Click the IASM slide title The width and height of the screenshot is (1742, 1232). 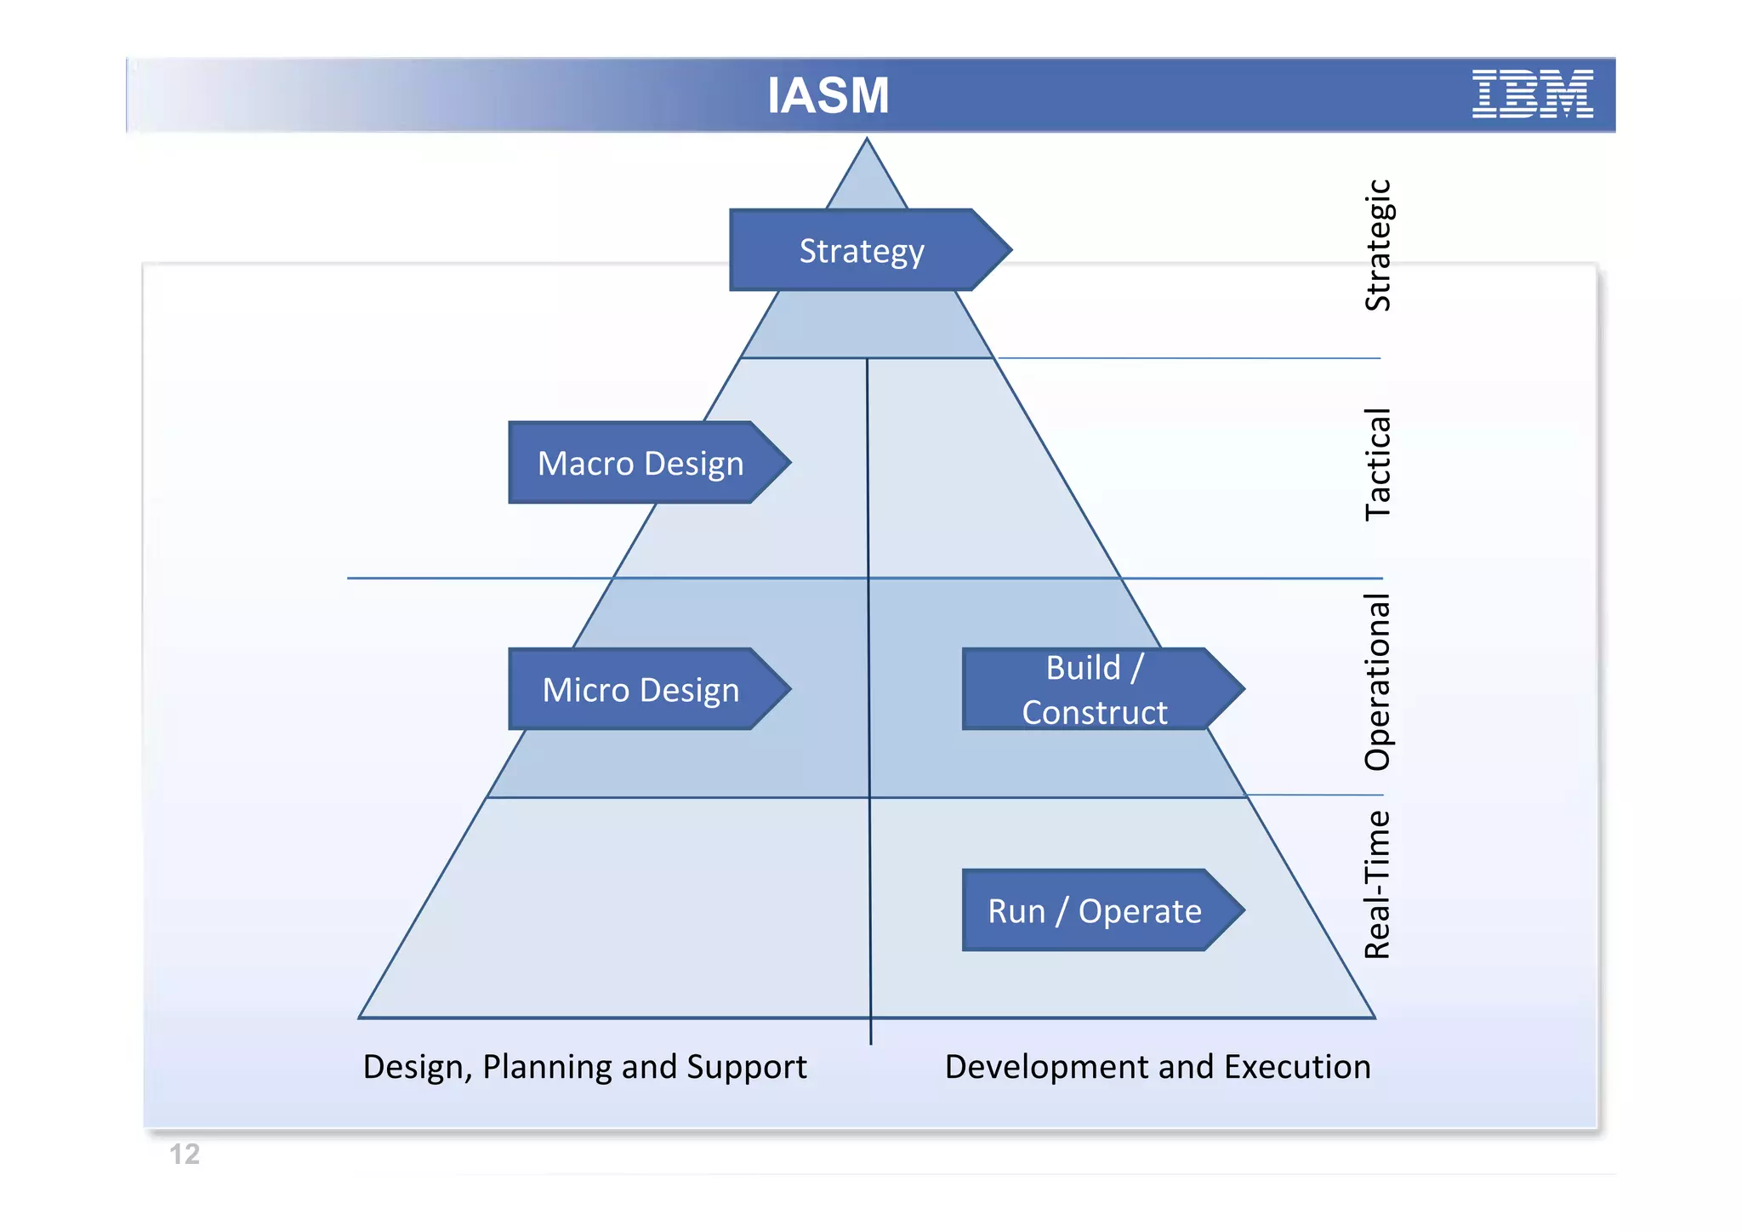828,95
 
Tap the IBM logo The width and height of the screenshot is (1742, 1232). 1532,94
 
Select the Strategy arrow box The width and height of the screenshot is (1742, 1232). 862,251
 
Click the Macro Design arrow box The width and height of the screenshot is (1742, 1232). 640,464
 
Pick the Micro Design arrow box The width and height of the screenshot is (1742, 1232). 640,690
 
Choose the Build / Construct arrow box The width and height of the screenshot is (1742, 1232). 1095,690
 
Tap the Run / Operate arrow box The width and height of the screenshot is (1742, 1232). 1095,911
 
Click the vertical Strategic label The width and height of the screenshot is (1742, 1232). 1377,245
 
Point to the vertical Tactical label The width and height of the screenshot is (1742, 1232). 1377,465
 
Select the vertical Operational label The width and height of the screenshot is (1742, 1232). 1377,682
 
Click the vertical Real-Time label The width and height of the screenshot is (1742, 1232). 1377,885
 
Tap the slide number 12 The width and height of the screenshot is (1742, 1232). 185,1155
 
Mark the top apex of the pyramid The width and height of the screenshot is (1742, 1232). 867,140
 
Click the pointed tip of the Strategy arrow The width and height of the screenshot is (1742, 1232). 1009,250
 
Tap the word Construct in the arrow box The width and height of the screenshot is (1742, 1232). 1095,713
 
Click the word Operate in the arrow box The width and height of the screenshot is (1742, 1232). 1140,912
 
